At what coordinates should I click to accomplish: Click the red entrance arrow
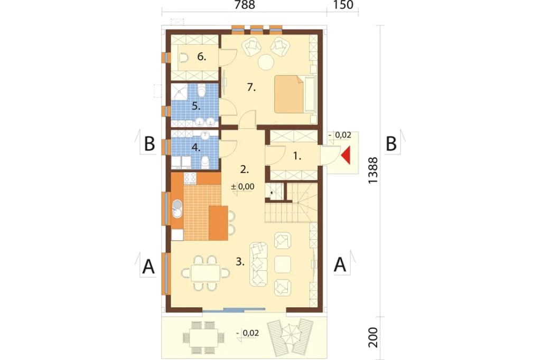[x=347, y=155]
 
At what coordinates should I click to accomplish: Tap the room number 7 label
[x=251, y=88]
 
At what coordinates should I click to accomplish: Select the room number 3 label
[x=240, y=262]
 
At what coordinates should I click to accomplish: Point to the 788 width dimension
[x=245, y=5]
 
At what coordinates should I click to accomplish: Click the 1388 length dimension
[x=373, y=170]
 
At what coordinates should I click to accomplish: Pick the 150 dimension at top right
[x=343, y=5]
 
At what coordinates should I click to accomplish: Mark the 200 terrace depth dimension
[x=373, y=337]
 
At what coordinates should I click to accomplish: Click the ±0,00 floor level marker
[x=242, y=187]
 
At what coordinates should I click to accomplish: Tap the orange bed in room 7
[x=289, y=94]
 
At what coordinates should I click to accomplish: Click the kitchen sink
[x=177, y=210]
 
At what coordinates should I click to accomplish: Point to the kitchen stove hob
[x=190, y=178]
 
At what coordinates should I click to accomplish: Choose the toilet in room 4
[x=205, y=162]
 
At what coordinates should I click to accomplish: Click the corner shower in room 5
[x=180, y=92]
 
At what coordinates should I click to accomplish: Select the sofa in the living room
[x=258, y=264]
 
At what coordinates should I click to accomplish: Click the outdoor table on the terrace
[x=203, y=338]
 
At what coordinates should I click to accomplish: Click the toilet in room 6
[x=183, y=58]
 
